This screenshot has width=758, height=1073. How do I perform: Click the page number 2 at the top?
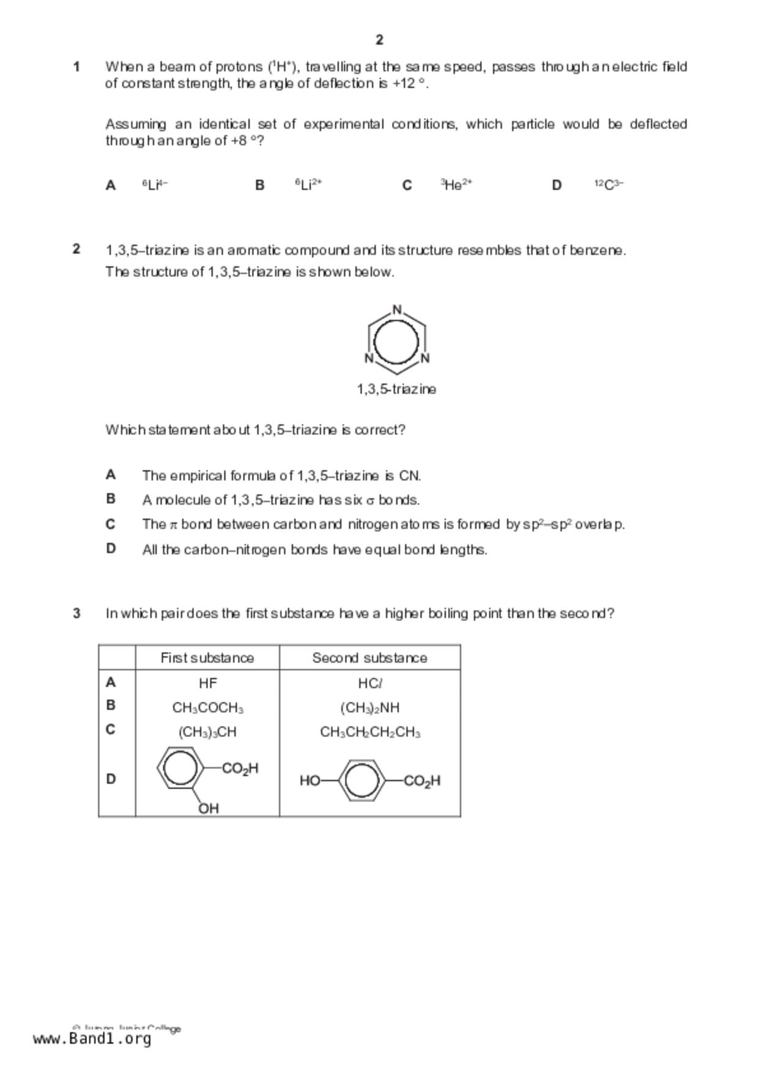379,40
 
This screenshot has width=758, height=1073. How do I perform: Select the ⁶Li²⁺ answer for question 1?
308,185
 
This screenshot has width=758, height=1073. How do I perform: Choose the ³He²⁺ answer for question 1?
456,185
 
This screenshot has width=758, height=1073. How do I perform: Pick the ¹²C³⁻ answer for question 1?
609,185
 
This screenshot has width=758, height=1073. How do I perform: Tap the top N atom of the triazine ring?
397,310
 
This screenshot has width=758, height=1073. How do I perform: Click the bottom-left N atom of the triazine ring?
369,358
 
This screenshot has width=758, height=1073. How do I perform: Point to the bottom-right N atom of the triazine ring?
425,358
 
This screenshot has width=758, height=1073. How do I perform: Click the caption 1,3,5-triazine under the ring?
396,389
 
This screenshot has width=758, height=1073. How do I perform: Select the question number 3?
76,613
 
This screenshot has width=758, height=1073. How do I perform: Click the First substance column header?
207,658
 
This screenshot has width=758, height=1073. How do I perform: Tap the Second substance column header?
370,658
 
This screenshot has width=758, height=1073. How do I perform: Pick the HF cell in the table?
207,683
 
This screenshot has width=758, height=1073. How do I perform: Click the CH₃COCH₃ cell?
207,708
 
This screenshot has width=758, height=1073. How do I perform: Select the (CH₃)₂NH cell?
370,708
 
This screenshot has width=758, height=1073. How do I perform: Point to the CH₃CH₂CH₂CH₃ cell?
370,732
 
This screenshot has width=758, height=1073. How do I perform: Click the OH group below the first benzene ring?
209,808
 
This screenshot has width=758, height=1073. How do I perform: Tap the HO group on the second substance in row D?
310,781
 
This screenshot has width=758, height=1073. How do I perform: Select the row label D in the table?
111,779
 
